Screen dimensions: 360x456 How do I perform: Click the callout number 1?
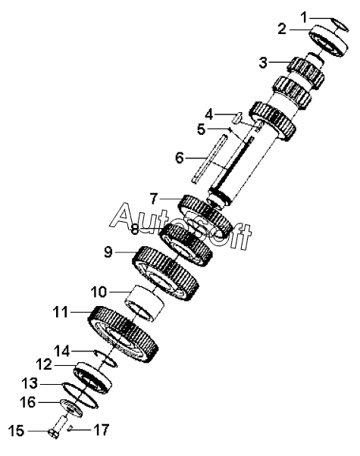point(304,17)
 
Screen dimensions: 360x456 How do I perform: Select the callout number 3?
point(263,63)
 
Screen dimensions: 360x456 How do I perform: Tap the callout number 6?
point(180,158)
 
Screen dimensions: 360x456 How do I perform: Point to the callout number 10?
point(99,292)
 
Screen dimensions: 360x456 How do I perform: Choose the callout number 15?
point(16,431)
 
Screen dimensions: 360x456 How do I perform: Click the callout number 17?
point(101,429)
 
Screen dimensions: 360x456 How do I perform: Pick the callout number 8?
point(134,230)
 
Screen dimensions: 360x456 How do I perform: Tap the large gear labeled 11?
point(124,334)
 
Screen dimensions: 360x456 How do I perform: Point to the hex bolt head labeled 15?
point(54,433)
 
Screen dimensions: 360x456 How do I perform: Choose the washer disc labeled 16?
point(71,408)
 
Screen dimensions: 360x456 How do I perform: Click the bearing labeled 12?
point(92,378)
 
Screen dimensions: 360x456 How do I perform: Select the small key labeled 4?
point(238,117)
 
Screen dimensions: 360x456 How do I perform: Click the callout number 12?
point(44,364)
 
